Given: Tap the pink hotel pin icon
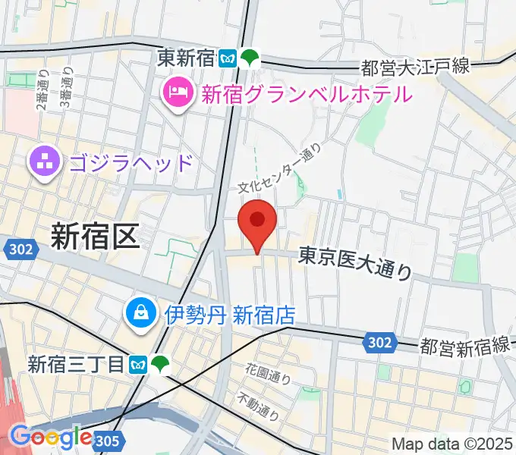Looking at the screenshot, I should click(x=176, y=94).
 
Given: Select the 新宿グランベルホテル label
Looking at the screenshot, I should click(x=306, y=94).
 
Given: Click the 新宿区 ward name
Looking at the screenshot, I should click(x=95, y=237).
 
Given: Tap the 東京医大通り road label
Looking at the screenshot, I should click(x=354, y=262).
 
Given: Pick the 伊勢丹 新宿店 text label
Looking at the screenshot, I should click(x=229, y=313).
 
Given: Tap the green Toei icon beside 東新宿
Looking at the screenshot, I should click(x=250, y=58).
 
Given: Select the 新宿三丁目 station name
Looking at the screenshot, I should click(x=76, y=365).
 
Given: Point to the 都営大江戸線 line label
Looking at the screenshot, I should click(x=415, y=68).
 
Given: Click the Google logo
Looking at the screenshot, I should click(x=51, y=437).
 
